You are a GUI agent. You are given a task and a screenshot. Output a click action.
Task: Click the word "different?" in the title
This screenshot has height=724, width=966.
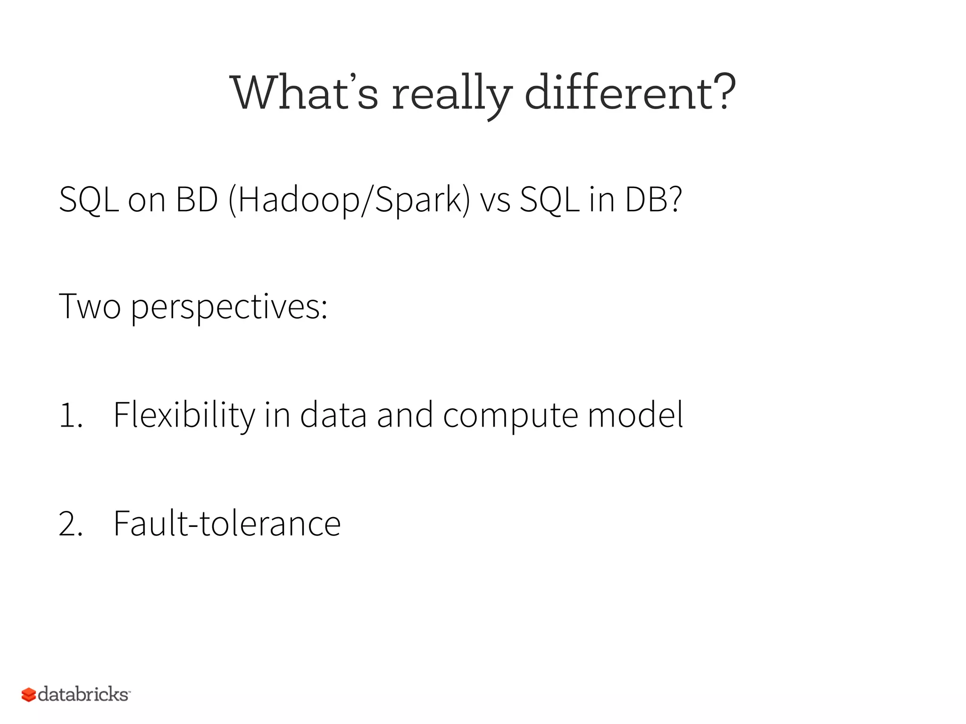coord(630,93)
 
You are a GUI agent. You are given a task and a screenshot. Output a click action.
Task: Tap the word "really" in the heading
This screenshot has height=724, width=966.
coord(452,94)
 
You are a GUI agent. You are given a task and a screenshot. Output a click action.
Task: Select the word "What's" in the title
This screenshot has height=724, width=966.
coord(304,93)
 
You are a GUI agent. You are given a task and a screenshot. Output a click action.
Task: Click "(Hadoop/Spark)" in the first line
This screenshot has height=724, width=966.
coord(349,200)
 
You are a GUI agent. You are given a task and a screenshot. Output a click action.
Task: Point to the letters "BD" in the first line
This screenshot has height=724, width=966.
coord(197,200)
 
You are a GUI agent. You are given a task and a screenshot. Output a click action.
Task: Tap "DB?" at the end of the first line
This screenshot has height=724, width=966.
coord(653,200)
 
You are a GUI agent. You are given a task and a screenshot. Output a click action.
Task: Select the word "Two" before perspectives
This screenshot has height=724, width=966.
coord(90,307)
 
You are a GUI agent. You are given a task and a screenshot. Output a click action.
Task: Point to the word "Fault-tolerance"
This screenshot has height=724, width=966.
coord(227,523)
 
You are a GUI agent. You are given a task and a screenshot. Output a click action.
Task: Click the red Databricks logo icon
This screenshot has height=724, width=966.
coord(29,695)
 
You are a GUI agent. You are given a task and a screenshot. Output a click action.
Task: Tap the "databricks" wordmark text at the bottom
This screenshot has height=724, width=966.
coord(83,694)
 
